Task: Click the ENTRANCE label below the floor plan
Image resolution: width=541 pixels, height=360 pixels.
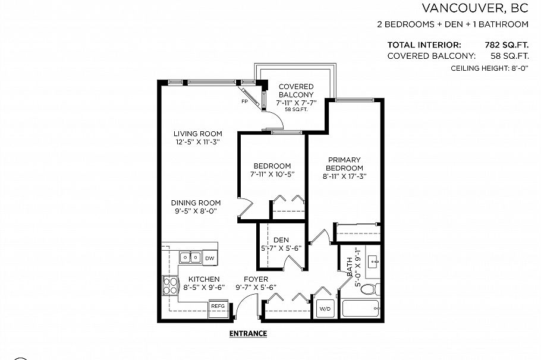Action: tap(248, 333)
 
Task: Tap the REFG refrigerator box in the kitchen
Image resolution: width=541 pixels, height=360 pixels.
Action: tap(216, 307)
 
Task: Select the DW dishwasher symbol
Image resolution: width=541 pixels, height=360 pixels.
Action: tap(209, 258)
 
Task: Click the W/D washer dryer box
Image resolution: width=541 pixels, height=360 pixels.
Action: tap(325, 309)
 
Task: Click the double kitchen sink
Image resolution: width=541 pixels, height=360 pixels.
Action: tap(190, 258)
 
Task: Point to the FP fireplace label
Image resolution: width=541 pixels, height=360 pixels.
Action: tap(244, 102)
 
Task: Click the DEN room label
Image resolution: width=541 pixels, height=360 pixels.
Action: tap(281, 240)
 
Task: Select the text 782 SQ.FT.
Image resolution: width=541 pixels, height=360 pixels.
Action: tap(507, 45)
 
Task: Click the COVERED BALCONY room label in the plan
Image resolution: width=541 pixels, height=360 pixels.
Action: tap(296, 91)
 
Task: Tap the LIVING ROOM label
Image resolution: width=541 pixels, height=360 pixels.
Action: tap(197, 134)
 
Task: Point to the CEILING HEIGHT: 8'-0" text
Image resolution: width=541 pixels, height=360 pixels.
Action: tap(490, 69)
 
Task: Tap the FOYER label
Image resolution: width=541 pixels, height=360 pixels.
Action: tap(256, 279)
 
